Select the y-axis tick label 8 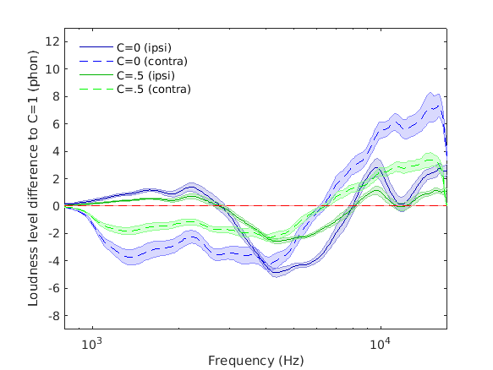click(x=55, y=96)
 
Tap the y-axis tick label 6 click(x=55, y=123)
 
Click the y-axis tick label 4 click(x=55, y=151)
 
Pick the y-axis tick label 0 click(x=55, y=206)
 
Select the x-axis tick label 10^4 click(x=381, y=344)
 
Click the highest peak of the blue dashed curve click(x=436, y=106)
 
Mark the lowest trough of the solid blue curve click(x=275, y=272)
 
